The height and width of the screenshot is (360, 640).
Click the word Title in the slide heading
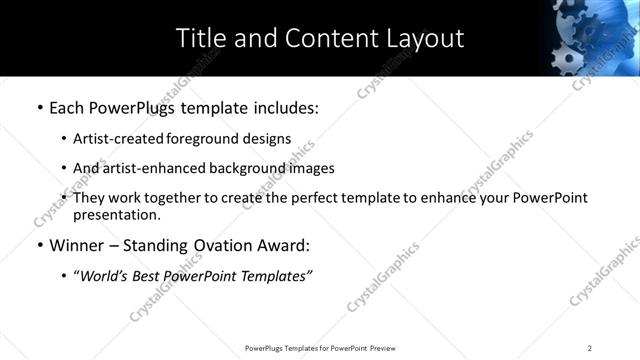point(200,39)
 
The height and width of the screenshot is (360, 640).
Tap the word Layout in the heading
point(422,39)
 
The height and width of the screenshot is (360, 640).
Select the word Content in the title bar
point(318,39)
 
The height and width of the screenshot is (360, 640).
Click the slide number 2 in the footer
point(589,348)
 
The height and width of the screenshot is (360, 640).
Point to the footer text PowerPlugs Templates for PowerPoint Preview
point(320,348)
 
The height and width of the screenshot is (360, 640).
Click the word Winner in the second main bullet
point(77,244)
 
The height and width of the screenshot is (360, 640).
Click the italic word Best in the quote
point(152,274)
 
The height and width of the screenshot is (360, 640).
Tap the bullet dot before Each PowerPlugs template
point(39,107)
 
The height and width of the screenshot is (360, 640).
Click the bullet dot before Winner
point(39,245)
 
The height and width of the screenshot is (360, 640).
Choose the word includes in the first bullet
point(286,107)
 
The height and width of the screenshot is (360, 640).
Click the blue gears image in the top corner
point(593,37)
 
